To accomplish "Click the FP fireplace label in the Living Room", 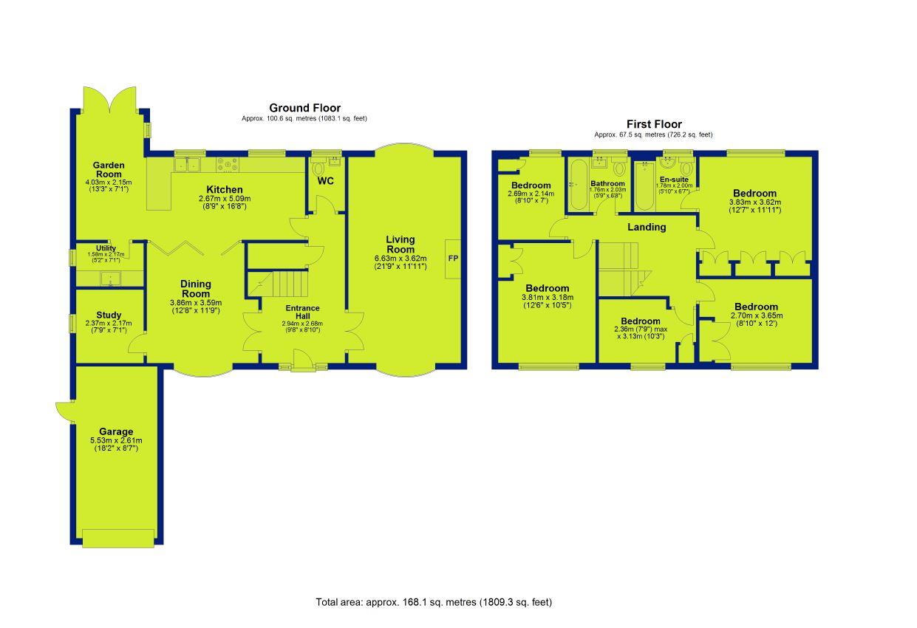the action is tap(453, 259).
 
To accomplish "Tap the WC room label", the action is tap(325, 180).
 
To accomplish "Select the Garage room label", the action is tap(116, 431).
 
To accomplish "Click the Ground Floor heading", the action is tap(304, 108).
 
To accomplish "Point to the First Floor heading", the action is tap(654, 124).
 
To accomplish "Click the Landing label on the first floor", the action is tap(647, 227).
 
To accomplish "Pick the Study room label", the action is tap(109, 315).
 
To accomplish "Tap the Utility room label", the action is tap(106, 248).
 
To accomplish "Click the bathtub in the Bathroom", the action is tap(579, 185).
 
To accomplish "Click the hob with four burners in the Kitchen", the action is tap(228, 165).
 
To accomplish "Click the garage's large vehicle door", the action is tap(118, 538).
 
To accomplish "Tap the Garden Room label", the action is tap(109, 169).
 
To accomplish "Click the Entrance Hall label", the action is tap(302, 312).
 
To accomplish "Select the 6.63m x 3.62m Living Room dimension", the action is tap(400, 259).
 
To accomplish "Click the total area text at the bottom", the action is tap(434, 602).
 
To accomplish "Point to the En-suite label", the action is tap(674, 180).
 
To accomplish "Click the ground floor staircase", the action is tap(279, 284).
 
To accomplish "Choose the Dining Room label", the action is tap(196, 289).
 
